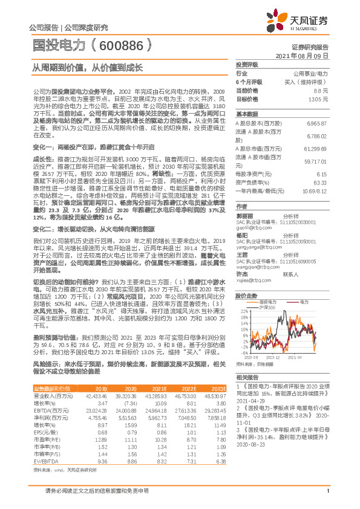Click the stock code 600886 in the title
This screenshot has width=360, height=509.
(x=131, y=45)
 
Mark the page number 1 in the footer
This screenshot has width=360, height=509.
(x=327, y=498)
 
